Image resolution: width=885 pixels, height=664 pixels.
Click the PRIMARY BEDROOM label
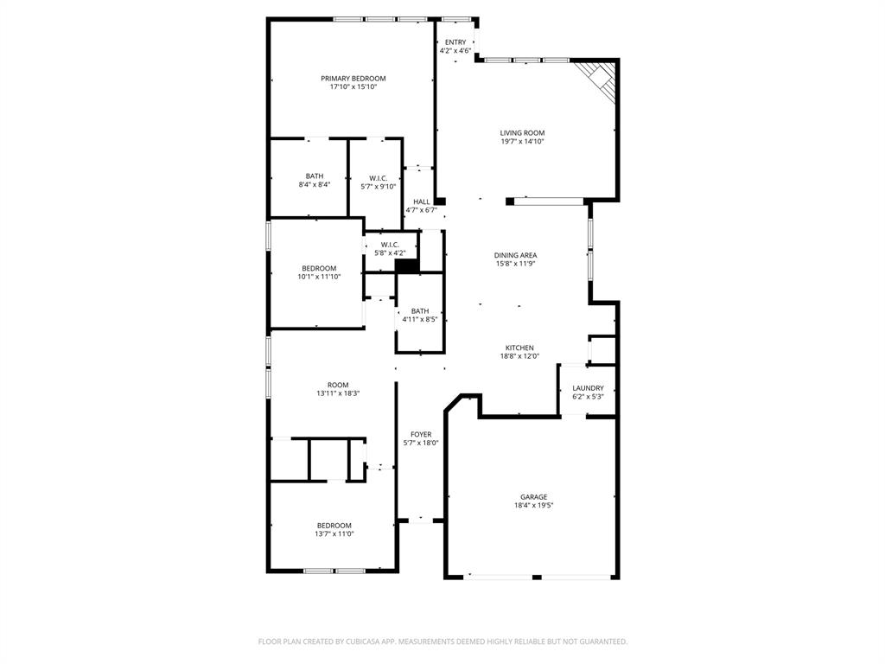[x=353, y=78]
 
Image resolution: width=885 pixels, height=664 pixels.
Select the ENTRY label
[x=455, y=42]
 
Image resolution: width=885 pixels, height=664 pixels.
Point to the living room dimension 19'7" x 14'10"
[x=522, y=142]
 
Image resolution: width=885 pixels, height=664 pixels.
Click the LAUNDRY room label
[x=588, y=388]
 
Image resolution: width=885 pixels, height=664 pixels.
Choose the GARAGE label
[x=533, y=496]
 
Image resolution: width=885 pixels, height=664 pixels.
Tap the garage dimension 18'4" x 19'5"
[x=533, y=506]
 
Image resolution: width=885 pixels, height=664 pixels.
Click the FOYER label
[x=421, y=434]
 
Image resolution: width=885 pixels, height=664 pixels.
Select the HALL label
[x=421, y=201]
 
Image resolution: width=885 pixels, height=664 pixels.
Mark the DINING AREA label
[x=515, y=255]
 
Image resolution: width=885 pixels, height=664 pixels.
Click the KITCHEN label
[x=519, y=348]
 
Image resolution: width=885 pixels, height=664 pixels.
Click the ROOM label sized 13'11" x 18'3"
[x=338, y=385]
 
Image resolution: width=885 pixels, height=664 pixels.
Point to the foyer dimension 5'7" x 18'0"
[x=421, y=443]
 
